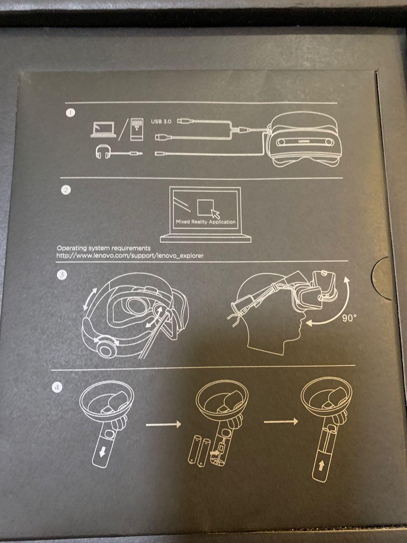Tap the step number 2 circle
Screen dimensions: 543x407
(66, 190)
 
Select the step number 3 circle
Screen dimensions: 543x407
(61, 275)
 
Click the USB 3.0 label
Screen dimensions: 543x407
(161, 121)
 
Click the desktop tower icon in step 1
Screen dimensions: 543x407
(135, 130)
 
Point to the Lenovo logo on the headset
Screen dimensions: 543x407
(302, 142)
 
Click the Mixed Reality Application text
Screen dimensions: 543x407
(206, 222)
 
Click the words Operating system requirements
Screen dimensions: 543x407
(103, 248)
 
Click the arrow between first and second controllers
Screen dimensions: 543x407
(163, 425)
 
